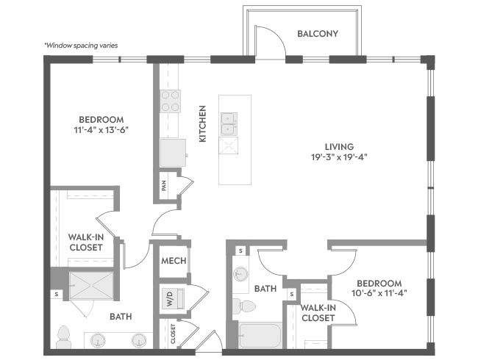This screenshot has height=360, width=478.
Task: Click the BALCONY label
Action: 318,34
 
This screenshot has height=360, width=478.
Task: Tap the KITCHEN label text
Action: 203,123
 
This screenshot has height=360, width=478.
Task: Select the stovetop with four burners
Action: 170,101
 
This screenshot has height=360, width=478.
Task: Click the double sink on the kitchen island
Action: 229,123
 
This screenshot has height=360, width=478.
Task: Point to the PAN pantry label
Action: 164,186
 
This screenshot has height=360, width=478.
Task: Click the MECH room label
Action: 174,261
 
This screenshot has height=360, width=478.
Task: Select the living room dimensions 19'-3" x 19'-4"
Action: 339,157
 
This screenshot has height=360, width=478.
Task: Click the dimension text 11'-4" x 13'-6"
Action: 101,130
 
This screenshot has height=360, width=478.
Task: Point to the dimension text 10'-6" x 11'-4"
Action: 379,293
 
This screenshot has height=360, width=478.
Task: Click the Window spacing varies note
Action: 81,46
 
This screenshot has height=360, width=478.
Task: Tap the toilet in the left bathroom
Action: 64,337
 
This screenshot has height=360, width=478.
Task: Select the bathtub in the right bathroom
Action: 260,335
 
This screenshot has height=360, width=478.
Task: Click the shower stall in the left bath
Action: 91,286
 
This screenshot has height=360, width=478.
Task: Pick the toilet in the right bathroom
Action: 244,306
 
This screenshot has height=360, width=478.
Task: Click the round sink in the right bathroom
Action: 240,274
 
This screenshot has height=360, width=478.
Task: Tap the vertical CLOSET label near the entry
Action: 173,334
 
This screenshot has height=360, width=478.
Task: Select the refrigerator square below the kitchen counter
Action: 173,153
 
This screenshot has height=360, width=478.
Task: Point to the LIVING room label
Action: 339,147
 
